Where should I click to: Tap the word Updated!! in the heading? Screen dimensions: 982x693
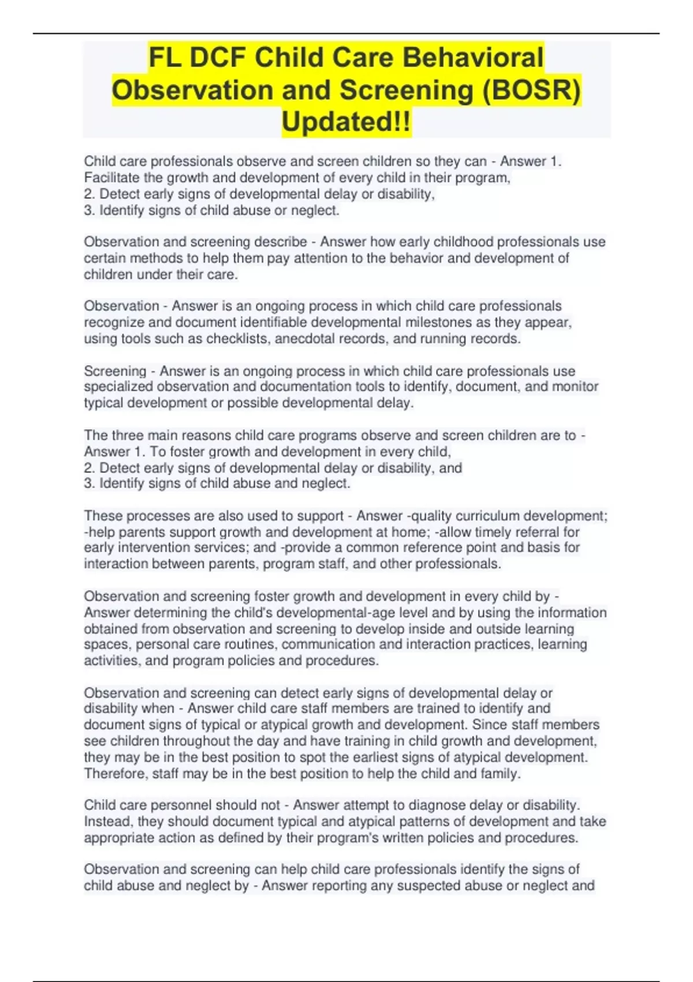coord(346,122)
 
